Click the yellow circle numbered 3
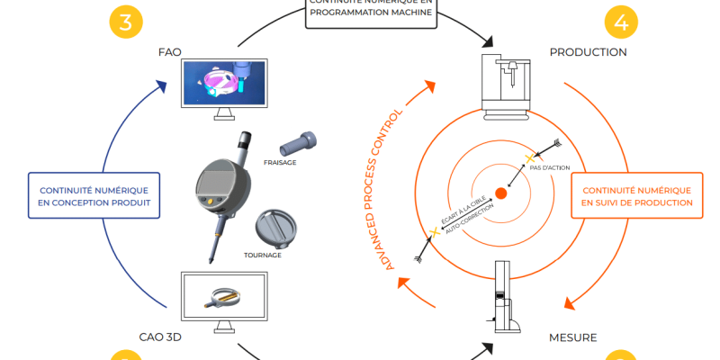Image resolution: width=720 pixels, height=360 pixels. click(x=126, y=22)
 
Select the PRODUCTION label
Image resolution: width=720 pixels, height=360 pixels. click(x=588, y=52)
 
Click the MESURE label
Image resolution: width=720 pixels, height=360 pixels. click(x=572, y=337)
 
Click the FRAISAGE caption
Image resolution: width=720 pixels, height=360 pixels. click(x=281, y=163)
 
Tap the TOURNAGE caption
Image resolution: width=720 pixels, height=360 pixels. click(x=263, y=255)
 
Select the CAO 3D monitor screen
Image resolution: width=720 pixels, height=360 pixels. click(x=221, y=296)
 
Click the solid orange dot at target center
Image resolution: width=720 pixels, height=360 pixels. click(x=501, y=193)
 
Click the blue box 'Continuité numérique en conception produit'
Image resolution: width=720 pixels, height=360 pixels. click(x=94, y=197)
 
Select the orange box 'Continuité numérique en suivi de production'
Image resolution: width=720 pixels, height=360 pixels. click(x=637, y=197)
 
